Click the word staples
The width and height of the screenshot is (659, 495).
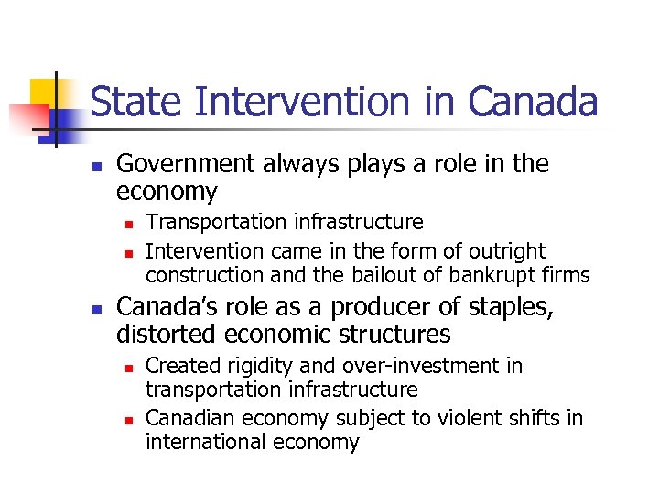[x=514, y=307]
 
